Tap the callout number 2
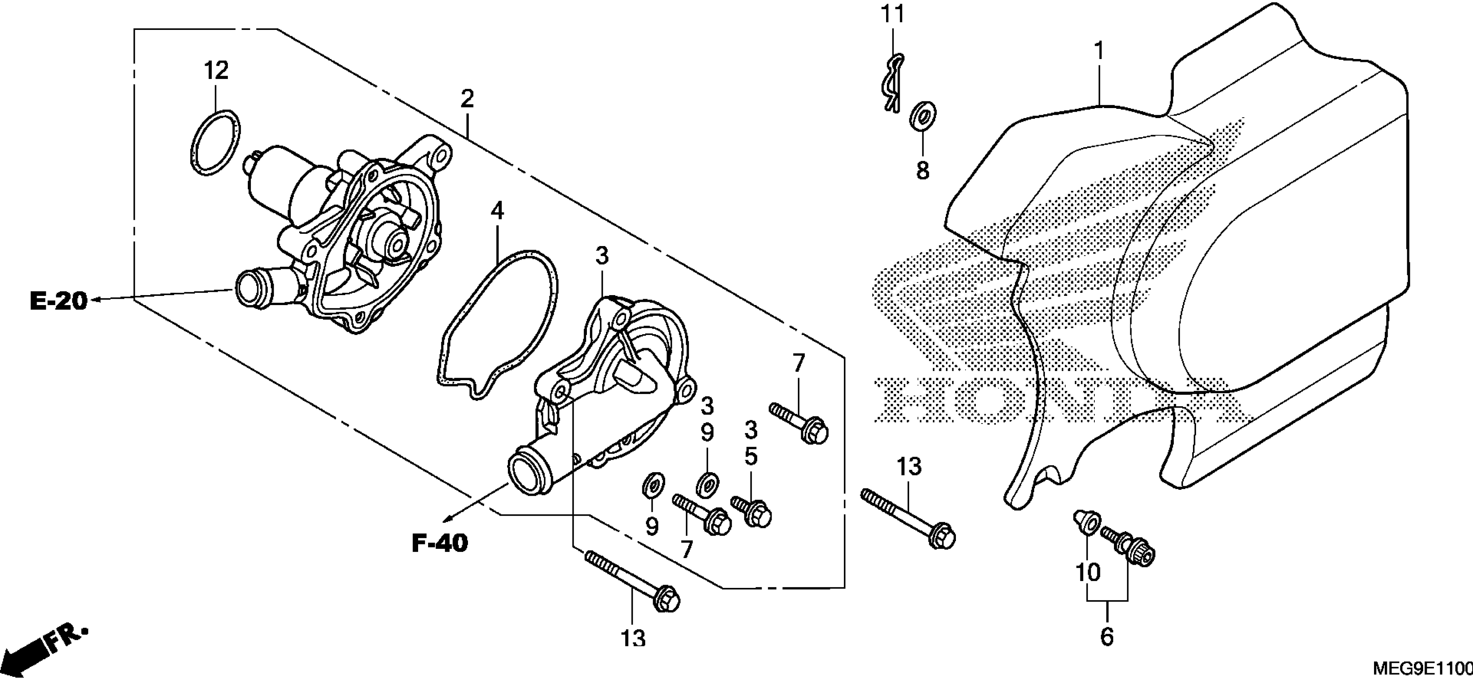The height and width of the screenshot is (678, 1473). coord(467,99)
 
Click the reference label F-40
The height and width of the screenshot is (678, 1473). coord(440,543)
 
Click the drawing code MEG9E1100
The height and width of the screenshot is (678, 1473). coord(1426,668)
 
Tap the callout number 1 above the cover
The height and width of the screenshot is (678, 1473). coord(1098,52)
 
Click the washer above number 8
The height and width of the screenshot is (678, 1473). coord(922,116)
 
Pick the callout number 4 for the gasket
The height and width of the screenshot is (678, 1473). coord(498,211)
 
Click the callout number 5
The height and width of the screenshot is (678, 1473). coord(751,456)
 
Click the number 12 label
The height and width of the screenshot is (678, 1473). coord(216,71)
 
